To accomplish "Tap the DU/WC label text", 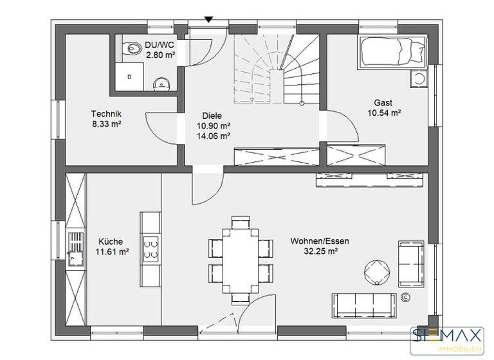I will (160, 45).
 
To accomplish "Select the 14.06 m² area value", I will (214, 136).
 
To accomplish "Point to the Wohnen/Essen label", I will (320, 242).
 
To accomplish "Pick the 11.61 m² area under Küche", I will (112, 253).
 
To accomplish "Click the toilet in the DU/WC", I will (134, 47).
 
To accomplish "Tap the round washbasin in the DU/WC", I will (160, 82).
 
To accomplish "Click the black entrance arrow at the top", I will (208, 20).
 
